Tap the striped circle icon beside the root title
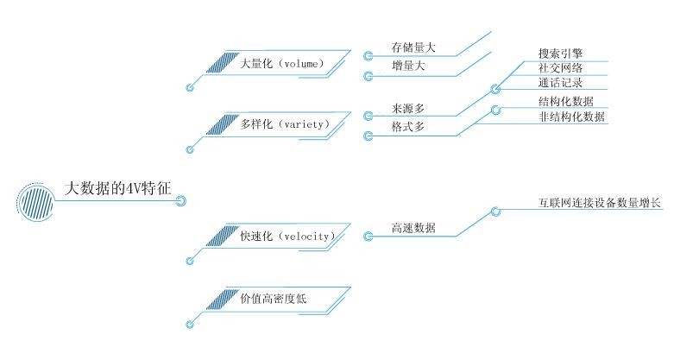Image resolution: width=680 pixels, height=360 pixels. pyautogui.click(x=34, y=202)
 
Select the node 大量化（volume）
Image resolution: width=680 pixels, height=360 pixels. pyautogui.click(x=281, y=64)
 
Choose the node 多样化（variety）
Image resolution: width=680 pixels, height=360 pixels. pyautogui.click(x=285, y=124)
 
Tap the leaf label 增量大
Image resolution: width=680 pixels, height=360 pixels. pyautogui.click(x=406, y=66)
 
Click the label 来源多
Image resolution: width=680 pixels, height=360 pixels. pyautogui.click(x=406, y=109)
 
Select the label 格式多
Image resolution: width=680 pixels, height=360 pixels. pyautogui.click(x=406, y=126)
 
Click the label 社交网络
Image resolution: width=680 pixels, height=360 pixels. pyautogui.click(x=560, y=68)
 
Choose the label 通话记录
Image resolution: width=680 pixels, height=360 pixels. pyautogui.click(x=560, y=83)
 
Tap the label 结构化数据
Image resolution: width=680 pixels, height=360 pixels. pyautogui.click(x=565, y=101)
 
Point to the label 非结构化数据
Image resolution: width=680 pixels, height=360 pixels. pyautogui.click(x=570, y=116)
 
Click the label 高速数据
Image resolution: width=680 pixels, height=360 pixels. pyautogui.click(x=412, y=228)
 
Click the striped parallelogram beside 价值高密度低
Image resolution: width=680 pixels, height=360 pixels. pyautogui.click(x=220, y=298)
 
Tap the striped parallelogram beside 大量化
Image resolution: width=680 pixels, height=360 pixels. pyautogui.click(x=222, y=63)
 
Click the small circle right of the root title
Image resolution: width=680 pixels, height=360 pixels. pyautogui.click(x=181, y=202)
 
